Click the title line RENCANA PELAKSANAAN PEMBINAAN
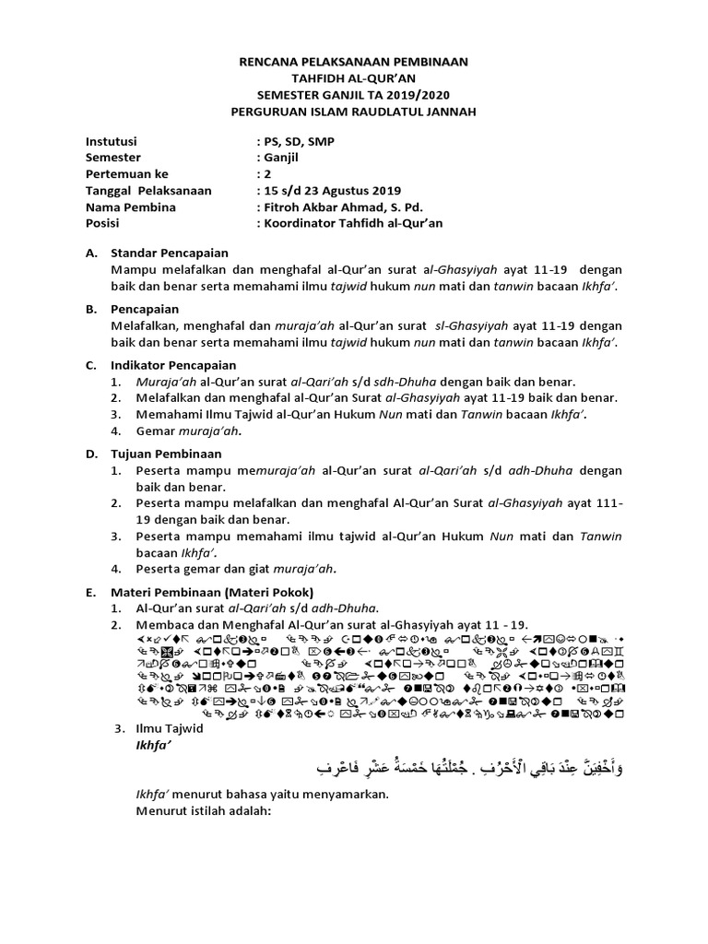(354, 62)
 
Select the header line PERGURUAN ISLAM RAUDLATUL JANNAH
(354, 111)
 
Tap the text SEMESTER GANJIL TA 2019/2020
(354, 94)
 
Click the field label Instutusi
(111, 142)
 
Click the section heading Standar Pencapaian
(170, 253)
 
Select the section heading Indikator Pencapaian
(174, 365)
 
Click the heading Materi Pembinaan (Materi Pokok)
(213, 592)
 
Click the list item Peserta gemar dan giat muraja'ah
(235, 568)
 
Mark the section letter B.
(90, 309)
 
